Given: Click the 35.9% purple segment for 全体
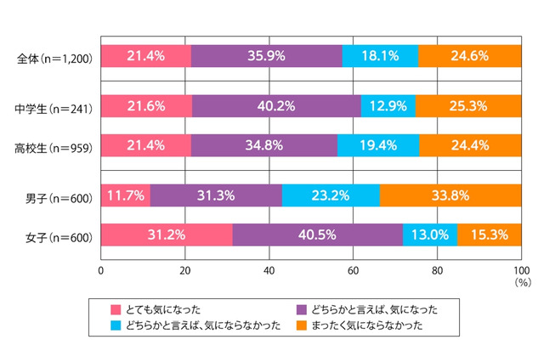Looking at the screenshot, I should [x=267, y=56].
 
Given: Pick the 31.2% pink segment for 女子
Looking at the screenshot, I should [x=167, y=234].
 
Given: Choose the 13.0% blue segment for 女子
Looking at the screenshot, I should [x=430, y=234].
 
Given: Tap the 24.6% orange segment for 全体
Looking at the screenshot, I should [x=470, y=56].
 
